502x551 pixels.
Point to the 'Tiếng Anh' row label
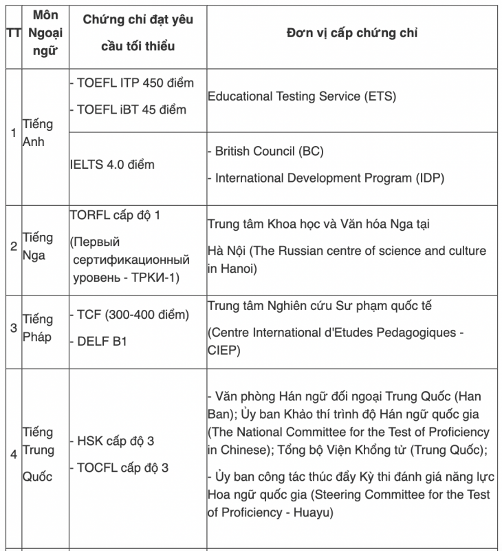click(x=37, y=133)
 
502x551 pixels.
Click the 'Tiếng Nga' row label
click(x=37, y=246)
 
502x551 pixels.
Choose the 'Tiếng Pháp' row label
click(x=37, y=328)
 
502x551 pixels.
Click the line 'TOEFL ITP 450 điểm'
click(x=132, y=83)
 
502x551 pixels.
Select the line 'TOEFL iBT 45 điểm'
click(x=128, y=109)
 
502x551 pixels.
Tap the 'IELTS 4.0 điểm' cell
click(x=112, y=165)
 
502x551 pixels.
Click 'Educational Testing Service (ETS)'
click(x=301, y=96)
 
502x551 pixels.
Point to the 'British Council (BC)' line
click(x=265, y=151)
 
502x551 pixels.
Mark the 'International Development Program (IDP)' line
click(x=325, y=178)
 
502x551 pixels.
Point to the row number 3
click(x=13, y=327)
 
